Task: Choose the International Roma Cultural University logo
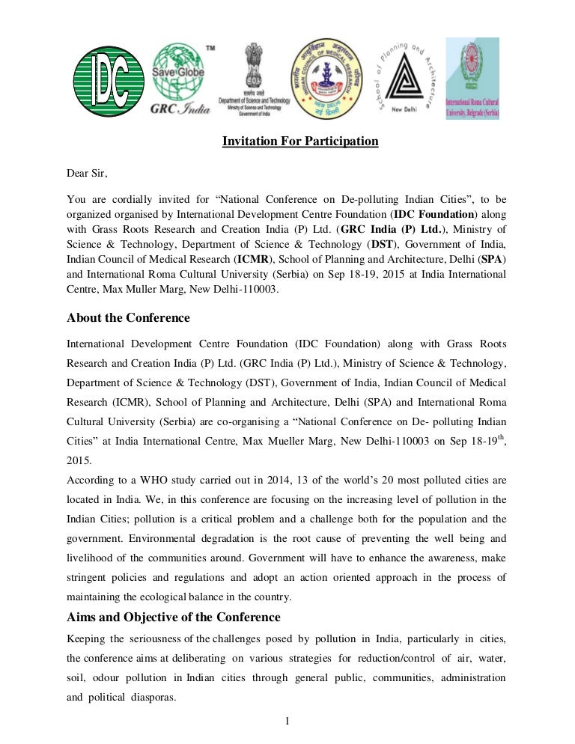click(x=472, y=78)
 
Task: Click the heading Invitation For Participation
click(x=300, y=141)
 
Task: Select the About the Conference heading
click(x=128, y=318)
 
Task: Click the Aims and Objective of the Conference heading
click(x=174, y=618)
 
